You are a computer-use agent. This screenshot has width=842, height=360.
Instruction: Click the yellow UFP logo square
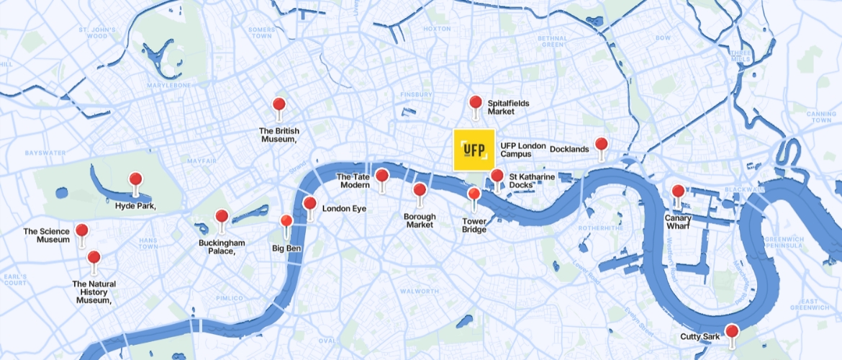(x=474, y=150)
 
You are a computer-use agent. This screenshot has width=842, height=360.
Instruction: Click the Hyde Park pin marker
(x=135, y=181)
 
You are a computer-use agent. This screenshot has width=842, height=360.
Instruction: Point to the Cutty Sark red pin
(x=732, y=332)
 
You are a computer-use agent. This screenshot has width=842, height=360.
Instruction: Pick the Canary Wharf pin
(x=678, y=192)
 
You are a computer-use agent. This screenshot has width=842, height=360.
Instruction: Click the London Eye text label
(x=344, y=209)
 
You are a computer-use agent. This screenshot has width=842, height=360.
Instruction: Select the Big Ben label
(x=286, y=248)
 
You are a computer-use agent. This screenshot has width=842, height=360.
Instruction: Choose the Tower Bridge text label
(x=474, y=225)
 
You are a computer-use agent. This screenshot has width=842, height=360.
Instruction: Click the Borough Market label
(x=420, y=220)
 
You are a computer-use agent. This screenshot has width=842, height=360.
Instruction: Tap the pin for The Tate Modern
(x=382, y=176)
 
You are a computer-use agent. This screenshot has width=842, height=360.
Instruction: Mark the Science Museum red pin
(x=82, y=232)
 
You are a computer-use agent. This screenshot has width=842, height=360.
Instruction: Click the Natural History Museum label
(x=94, y=292)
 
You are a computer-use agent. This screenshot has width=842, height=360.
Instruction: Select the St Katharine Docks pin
(x=497, y=176)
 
